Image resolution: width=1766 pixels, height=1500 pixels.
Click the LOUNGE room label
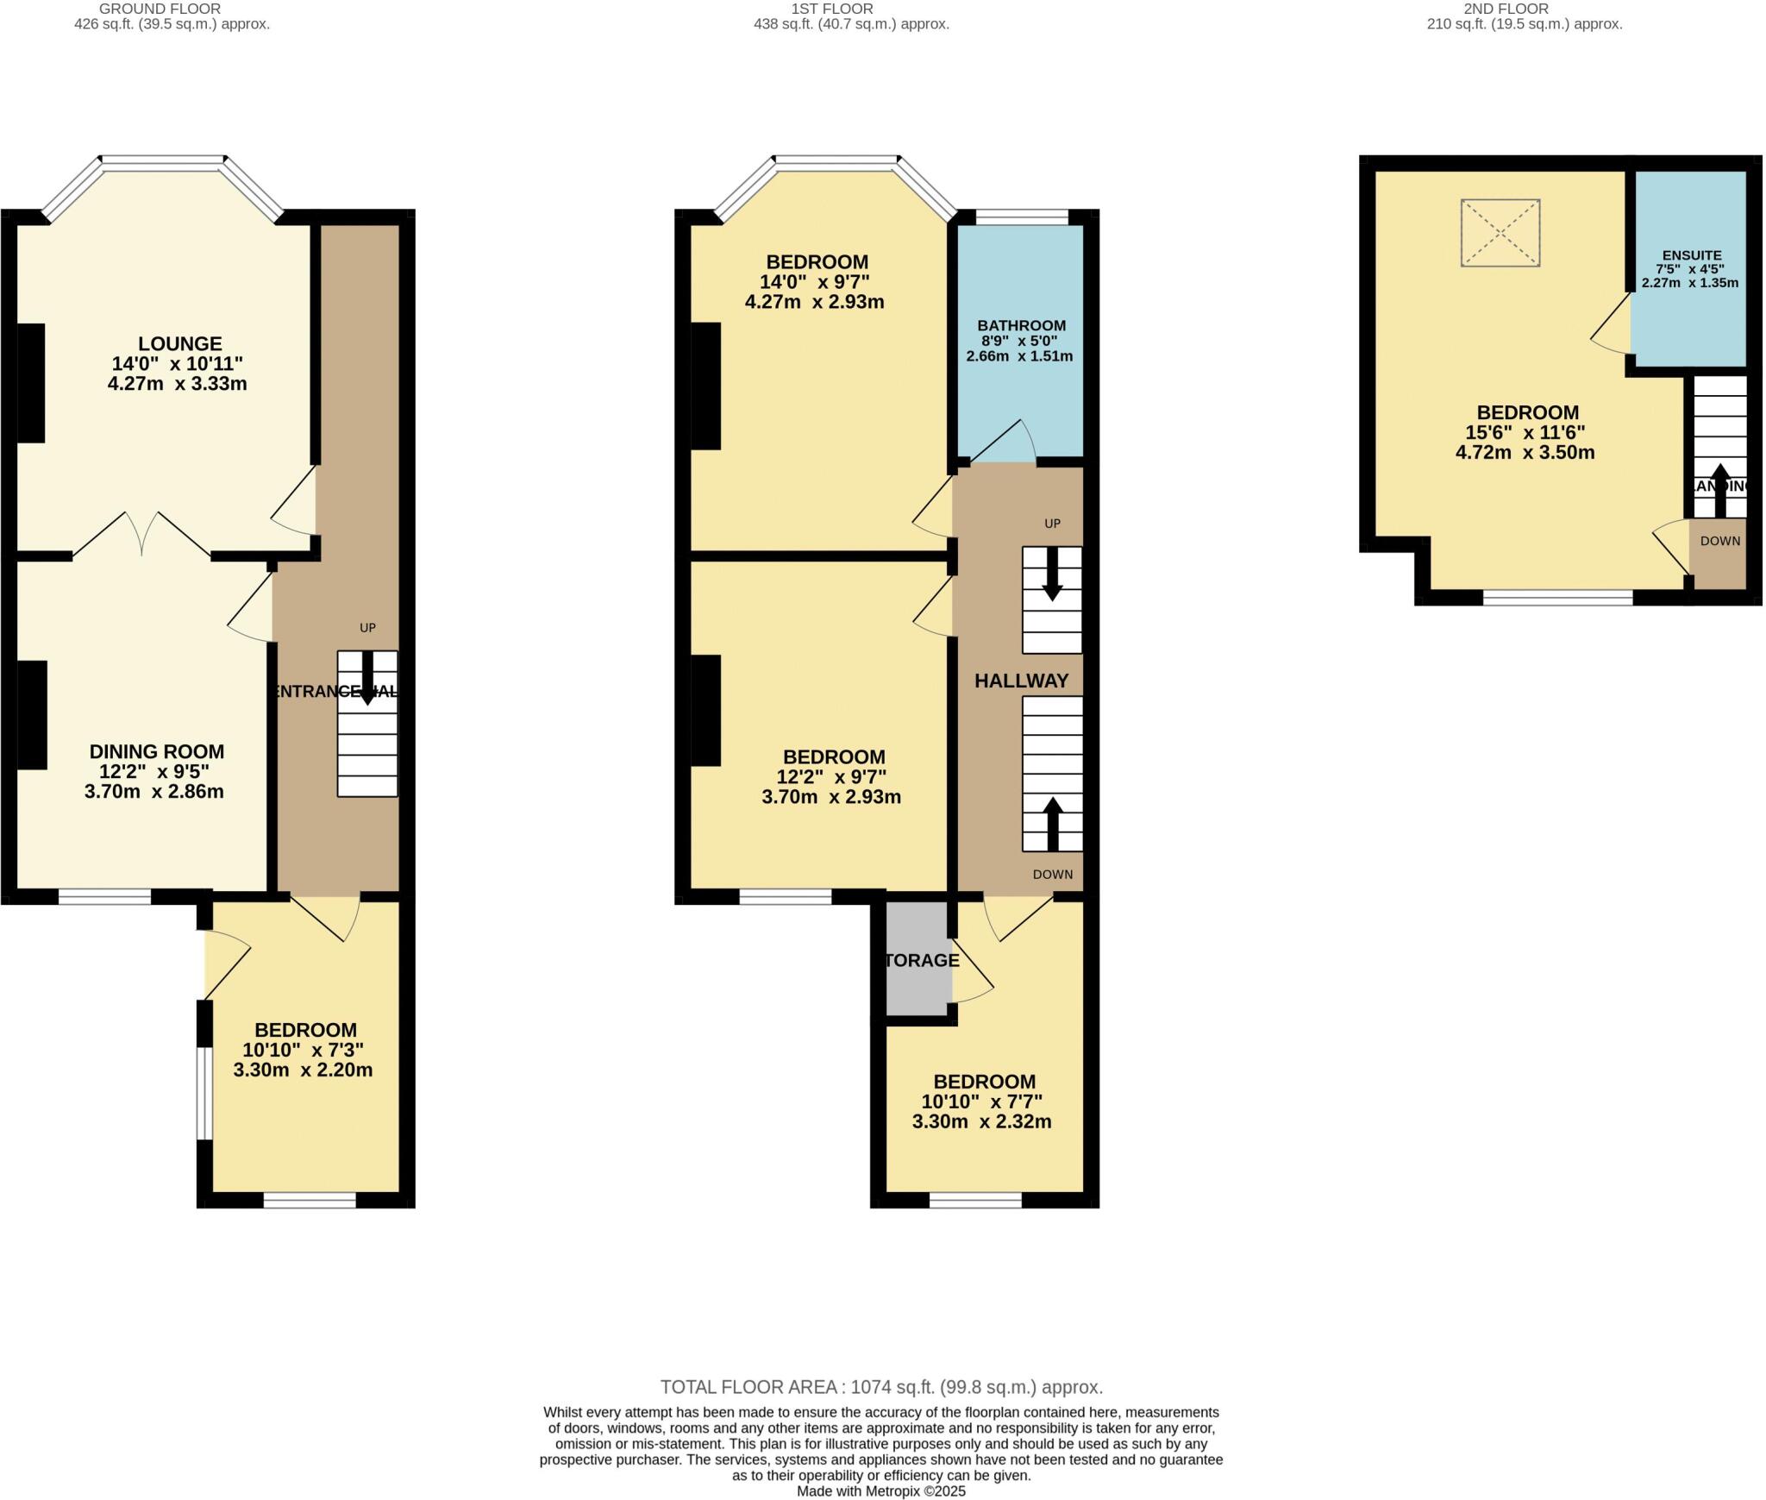point(180,343)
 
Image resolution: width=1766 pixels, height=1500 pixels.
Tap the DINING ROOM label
point(156,751)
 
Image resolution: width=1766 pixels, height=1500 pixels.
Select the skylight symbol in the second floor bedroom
point(1500,233)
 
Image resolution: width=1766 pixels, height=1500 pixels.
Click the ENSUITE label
point(1692,255)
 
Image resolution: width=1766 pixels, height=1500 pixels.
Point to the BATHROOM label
point(1021,325)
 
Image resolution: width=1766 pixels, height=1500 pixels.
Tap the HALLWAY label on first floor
point(1021,681)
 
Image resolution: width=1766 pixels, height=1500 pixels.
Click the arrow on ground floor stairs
point(367,677)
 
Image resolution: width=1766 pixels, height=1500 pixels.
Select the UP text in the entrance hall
point(367,628)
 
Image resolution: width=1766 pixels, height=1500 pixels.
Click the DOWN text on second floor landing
point(1719,542)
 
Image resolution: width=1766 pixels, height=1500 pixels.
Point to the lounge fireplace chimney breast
point(30,382)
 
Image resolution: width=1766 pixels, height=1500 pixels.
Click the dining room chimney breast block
point(32,714)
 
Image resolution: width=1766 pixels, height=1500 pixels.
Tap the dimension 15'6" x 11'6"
point(1525,432)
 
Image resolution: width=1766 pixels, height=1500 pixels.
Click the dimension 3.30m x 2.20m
point(303,1070)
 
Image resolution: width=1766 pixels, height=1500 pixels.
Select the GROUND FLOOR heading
point(160,9)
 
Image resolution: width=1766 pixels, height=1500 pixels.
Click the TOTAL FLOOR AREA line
point(881,1387)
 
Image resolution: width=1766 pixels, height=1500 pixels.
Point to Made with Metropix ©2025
point(880,1491)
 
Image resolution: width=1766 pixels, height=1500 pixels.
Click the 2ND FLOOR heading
point(1518,9)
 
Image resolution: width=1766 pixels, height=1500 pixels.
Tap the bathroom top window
point(1022,217)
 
